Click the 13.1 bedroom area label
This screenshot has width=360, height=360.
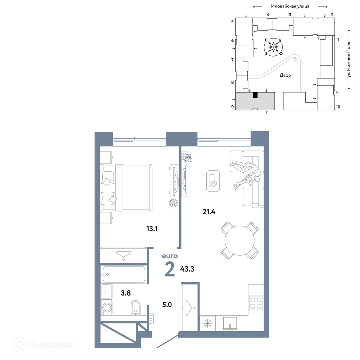[x=152, y=229]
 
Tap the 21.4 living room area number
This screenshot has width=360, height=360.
[x=209, y=211]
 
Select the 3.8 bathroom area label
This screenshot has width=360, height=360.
[x=126, y=293]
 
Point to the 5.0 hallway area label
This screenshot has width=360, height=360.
[x=167, y=305]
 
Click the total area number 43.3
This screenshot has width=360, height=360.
[x=187, y=269]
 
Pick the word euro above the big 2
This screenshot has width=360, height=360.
[x=170, y=256]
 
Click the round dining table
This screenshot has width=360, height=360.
[x=240, y=240]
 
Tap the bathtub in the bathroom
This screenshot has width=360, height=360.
[x=124, y=275]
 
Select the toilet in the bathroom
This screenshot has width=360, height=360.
[x=136, y=308]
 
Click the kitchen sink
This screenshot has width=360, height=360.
[x=230, y=324]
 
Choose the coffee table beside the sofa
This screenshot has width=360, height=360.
[x=213, y=181]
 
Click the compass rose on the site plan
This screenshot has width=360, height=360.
[x=274, y=47]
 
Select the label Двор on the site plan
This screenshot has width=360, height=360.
[x=285, y=75]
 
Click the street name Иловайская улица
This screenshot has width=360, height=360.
[x=290, y=6]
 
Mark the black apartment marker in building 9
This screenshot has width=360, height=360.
[x=255, y=95]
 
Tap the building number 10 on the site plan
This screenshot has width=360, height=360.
[x=338, y=107]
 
